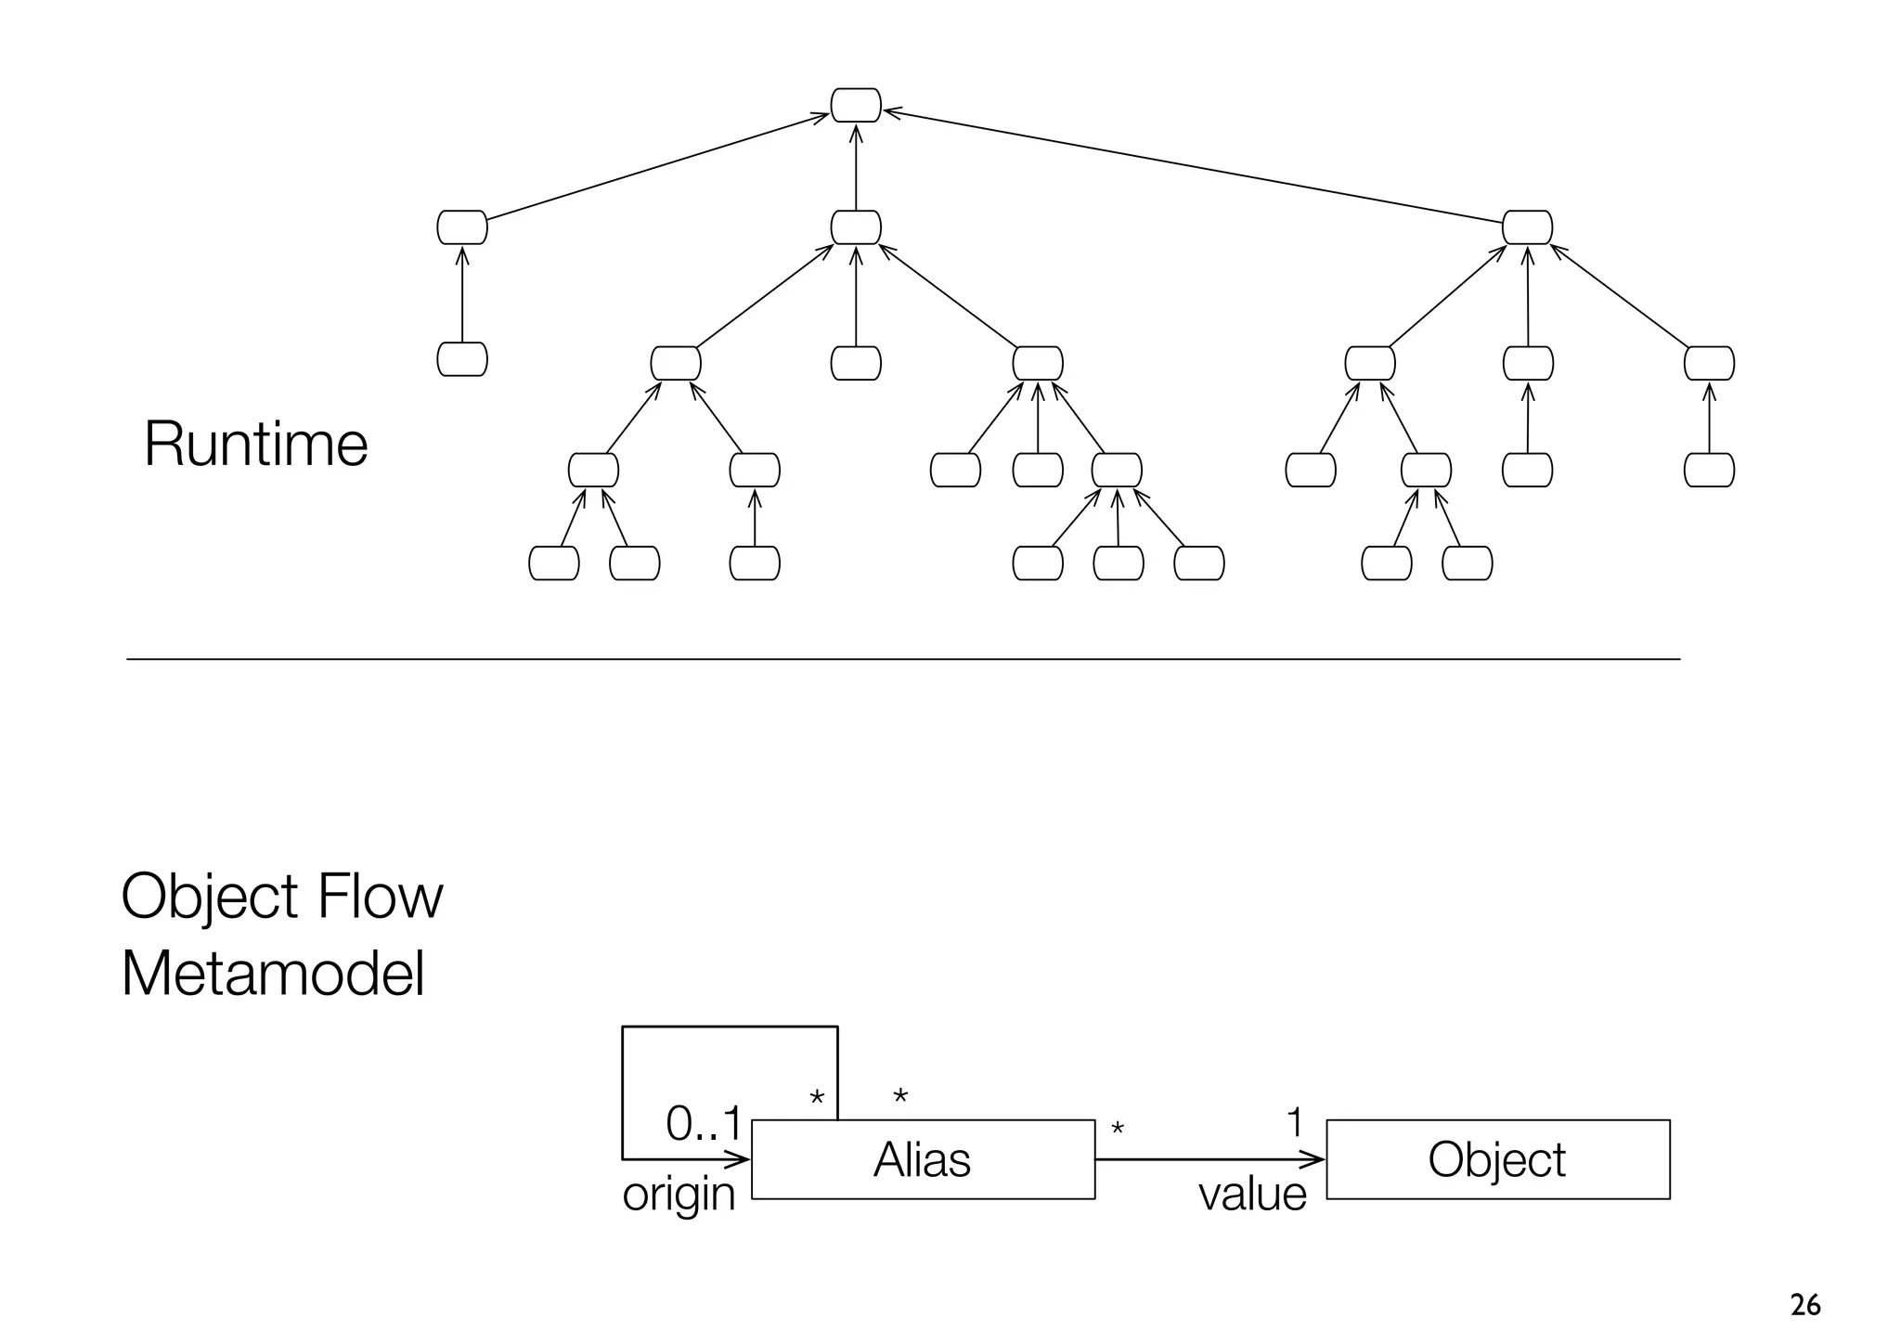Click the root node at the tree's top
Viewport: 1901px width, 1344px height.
coord(855,105)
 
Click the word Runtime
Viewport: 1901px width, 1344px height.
coord(256,444)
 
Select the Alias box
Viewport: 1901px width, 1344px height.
coord(923,1159)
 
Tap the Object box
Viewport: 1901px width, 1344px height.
coord(1497,1159)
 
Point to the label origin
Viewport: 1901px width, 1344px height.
coord(679,1195)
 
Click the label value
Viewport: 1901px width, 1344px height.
coord(1252,1195)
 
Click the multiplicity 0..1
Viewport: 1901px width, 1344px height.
coord(704,1125)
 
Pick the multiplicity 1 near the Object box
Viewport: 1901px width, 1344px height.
coord(1295,1123)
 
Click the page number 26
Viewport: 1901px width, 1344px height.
coord(1804,1306)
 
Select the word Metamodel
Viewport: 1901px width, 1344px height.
coord(273,975)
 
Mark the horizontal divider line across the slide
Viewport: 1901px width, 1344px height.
coord(902,659)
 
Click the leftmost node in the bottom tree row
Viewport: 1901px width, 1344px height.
coord(553,563)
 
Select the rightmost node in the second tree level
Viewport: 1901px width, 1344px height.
coord(1527,227)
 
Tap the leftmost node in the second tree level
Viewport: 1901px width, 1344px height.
coord(461,227)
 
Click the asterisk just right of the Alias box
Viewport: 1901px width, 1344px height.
coord(1118,1130)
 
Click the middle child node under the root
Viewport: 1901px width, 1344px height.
coord(855,227)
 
